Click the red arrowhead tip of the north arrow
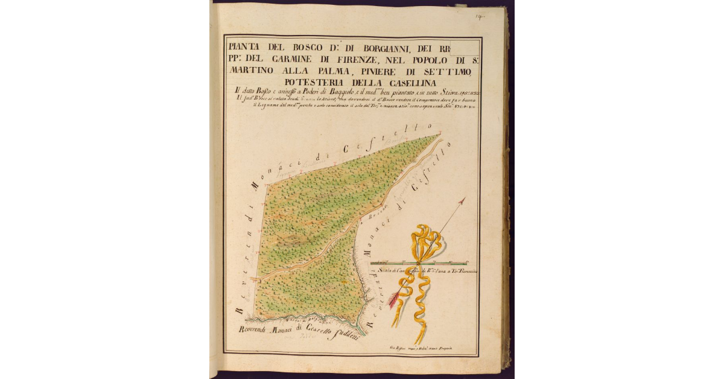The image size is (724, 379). click(463, 200)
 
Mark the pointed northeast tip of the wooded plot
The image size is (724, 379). click(439, 135)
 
